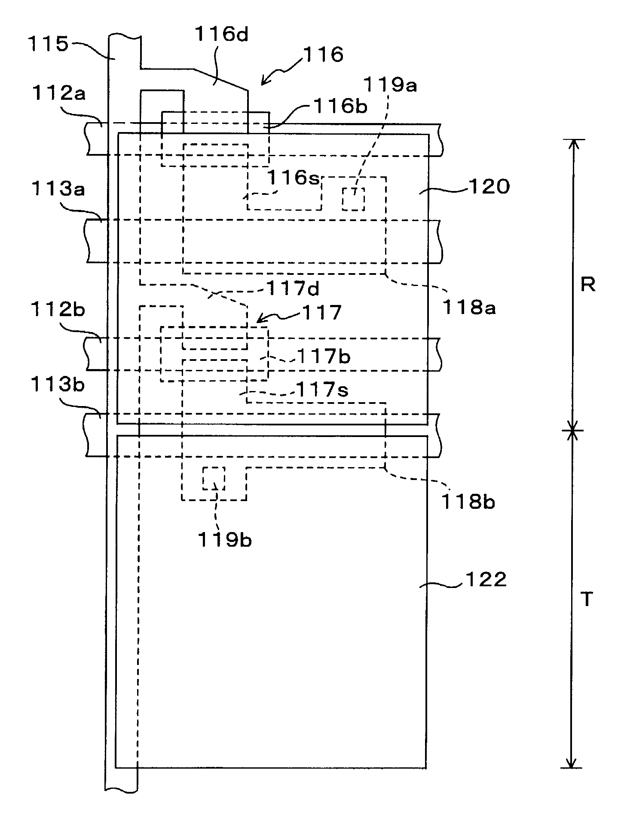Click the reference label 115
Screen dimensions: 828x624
(x=48, y=44)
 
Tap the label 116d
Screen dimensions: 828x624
(x=222, y=34)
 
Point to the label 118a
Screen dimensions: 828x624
(x=469, y=308)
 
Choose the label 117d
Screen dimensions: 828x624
(x=294, y=289)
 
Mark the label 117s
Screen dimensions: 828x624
(x=322, y=390)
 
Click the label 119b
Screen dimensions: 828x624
(x=224, y=540)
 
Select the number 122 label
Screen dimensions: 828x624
(x=485, y=580)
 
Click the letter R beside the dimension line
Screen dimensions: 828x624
(x=587, y=285)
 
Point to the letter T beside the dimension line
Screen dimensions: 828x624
(x=587, y=599)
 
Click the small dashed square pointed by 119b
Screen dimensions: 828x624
(x=214, y=478)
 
